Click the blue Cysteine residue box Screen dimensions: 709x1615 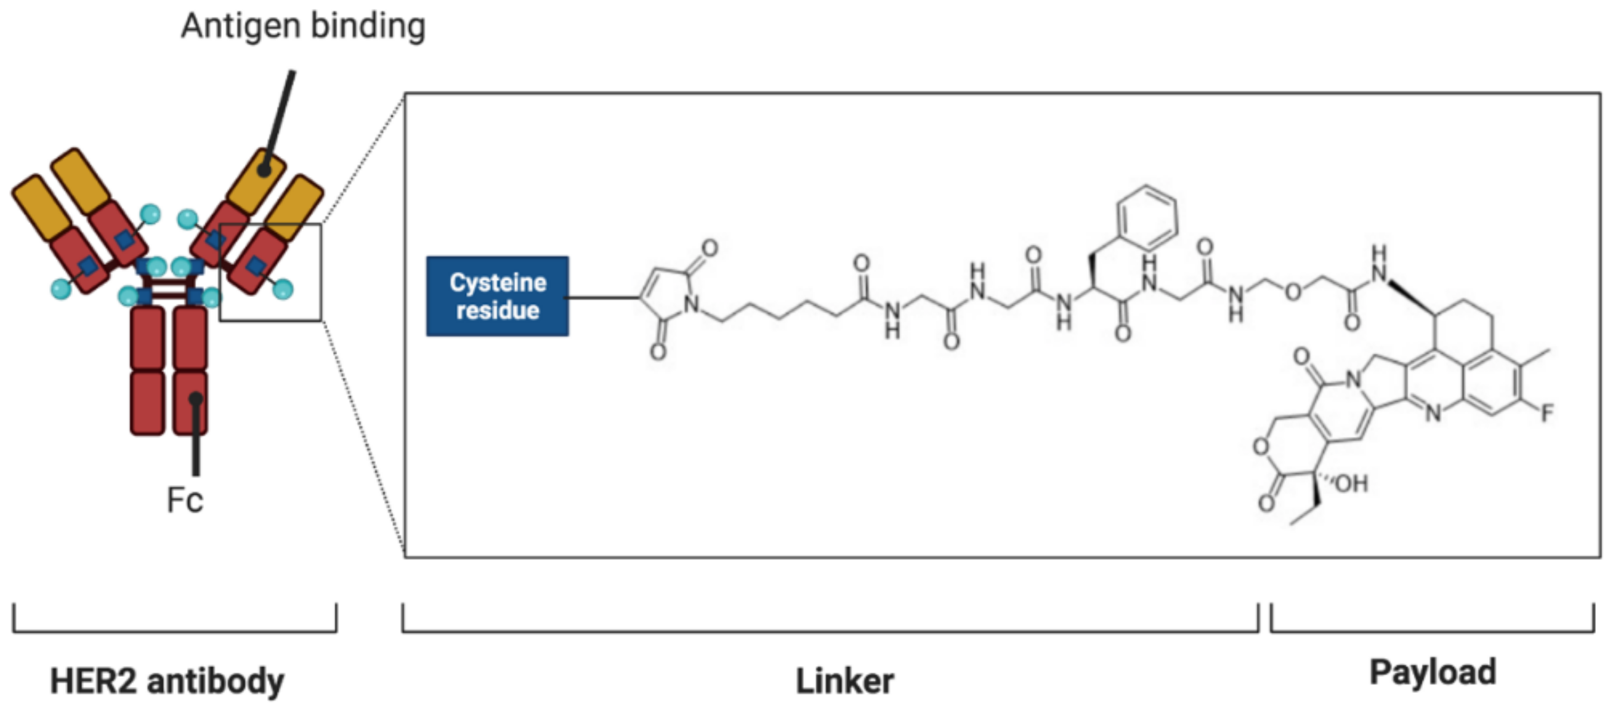click(x=497, y=296)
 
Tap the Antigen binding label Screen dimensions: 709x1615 click(x=303, y=26)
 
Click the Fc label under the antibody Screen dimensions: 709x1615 click(x=185, y=500)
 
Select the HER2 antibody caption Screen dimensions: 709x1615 click(x=167, y=681)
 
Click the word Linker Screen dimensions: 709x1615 click(x=844, y=681)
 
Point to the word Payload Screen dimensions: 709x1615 click(x=1432, y=672)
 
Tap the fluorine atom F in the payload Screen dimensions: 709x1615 click(x=1546, y=413)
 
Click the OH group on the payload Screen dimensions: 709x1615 click(x=1351, y=483)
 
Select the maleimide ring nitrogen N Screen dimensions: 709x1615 click(x=691, y=304)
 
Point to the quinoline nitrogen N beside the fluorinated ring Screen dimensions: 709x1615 click(x=1433, y=412)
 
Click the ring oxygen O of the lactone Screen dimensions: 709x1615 click(x=1260, y=447)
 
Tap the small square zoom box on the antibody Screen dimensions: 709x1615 click(x=270, y=273)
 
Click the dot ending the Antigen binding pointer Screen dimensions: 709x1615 click(x=264, y=169)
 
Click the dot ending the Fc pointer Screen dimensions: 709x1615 click(x=196, y=399)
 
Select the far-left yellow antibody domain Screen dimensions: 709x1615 click(x=41, y=208)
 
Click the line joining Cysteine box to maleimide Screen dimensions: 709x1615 click(x=603, y=297)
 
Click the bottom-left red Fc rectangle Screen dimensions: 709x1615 click(x=147, y=403)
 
